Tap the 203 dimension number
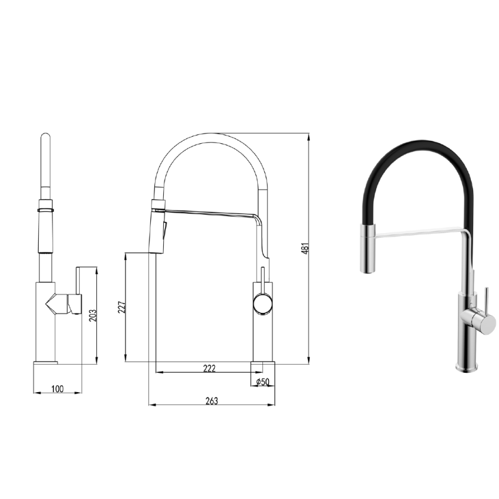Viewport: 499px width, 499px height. [92, 315]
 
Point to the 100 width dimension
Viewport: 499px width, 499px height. [58, 389]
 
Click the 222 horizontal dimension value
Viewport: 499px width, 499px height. [209, 368]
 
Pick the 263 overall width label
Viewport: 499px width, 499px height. [211, 401]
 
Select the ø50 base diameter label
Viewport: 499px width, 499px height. [263, 382]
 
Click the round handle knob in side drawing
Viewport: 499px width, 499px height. [262, 304]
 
